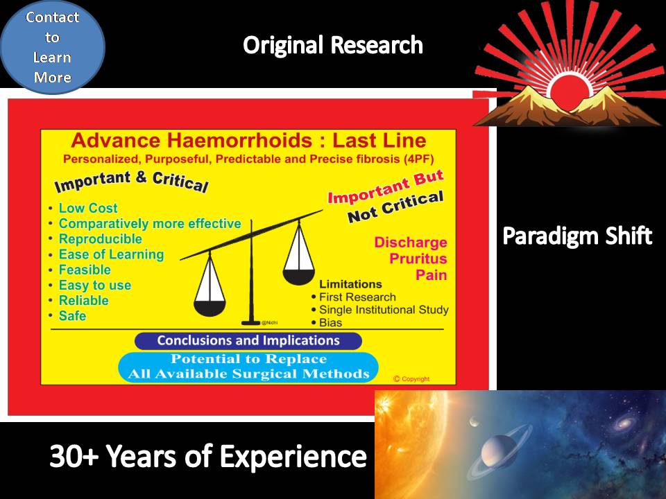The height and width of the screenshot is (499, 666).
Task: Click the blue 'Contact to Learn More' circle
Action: (x=52, y=46)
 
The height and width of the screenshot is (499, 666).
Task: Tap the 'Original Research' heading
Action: (x=332, y=46)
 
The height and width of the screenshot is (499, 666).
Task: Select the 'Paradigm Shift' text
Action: (x=577, y=236)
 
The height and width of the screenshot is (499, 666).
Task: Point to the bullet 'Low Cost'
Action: (x=88, y=208)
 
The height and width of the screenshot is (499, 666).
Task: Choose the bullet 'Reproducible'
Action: (x=100, y=239)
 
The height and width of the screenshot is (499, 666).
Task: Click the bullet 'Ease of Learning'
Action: (x=111, y=254)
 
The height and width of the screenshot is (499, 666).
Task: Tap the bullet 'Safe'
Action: (x=72, y=316)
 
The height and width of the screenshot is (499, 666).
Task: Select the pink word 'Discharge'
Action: (x=410, y=243)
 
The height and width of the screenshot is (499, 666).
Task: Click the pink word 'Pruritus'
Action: (x=418, y=259)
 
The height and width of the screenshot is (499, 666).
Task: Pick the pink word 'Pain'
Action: (x=431, y=275)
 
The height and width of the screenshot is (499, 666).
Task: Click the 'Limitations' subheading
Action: (x=350, y=284)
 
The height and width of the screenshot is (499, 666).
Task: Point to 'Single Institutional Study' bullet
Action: (x=384, y=310)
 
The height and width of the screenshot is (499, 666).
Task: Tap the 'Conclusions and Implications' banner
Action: (x=248, y=341)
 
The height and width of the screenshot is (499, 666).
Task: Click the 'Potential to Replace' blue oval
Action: (x=248, y=367)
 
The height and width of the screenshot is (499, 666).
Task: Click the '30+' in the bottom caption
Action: (x=75, y=457)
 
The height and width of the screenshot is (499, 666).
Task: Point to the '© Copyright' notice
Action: (x=411, y=379)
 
